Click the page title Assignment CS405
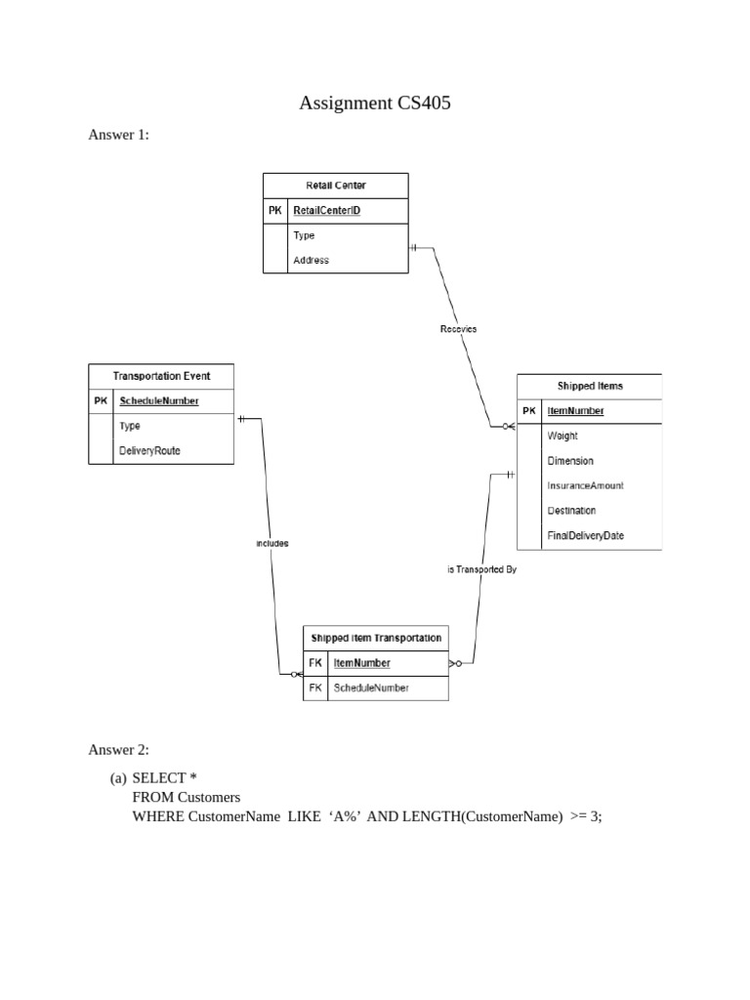(375, 103)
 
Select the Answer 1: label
(119, 135)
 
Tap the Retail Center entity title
(336, 185)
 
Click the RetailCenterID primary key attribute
(326, 210)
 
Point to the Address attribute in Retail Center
(311, 260)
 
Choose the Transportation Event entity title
(161, 375)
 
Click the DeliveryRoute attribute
(149, 450)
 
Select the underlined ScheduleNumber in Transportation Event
(158, 400)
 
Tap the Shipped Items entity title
(589, 386)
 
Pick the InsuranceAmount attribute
(585, 485)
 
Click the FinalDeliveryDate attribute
(585, 535)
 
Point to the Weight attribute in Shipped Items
(562, 436)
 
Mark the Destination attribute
(571, 510)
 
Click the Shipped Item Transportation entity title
(376, 638)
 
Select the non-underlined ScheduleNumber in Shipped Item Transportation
(371, 687)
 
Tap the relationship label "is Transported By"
(481, 569)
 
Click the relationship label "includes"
(272, 543)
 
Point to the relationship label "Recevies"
(458, 329)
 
